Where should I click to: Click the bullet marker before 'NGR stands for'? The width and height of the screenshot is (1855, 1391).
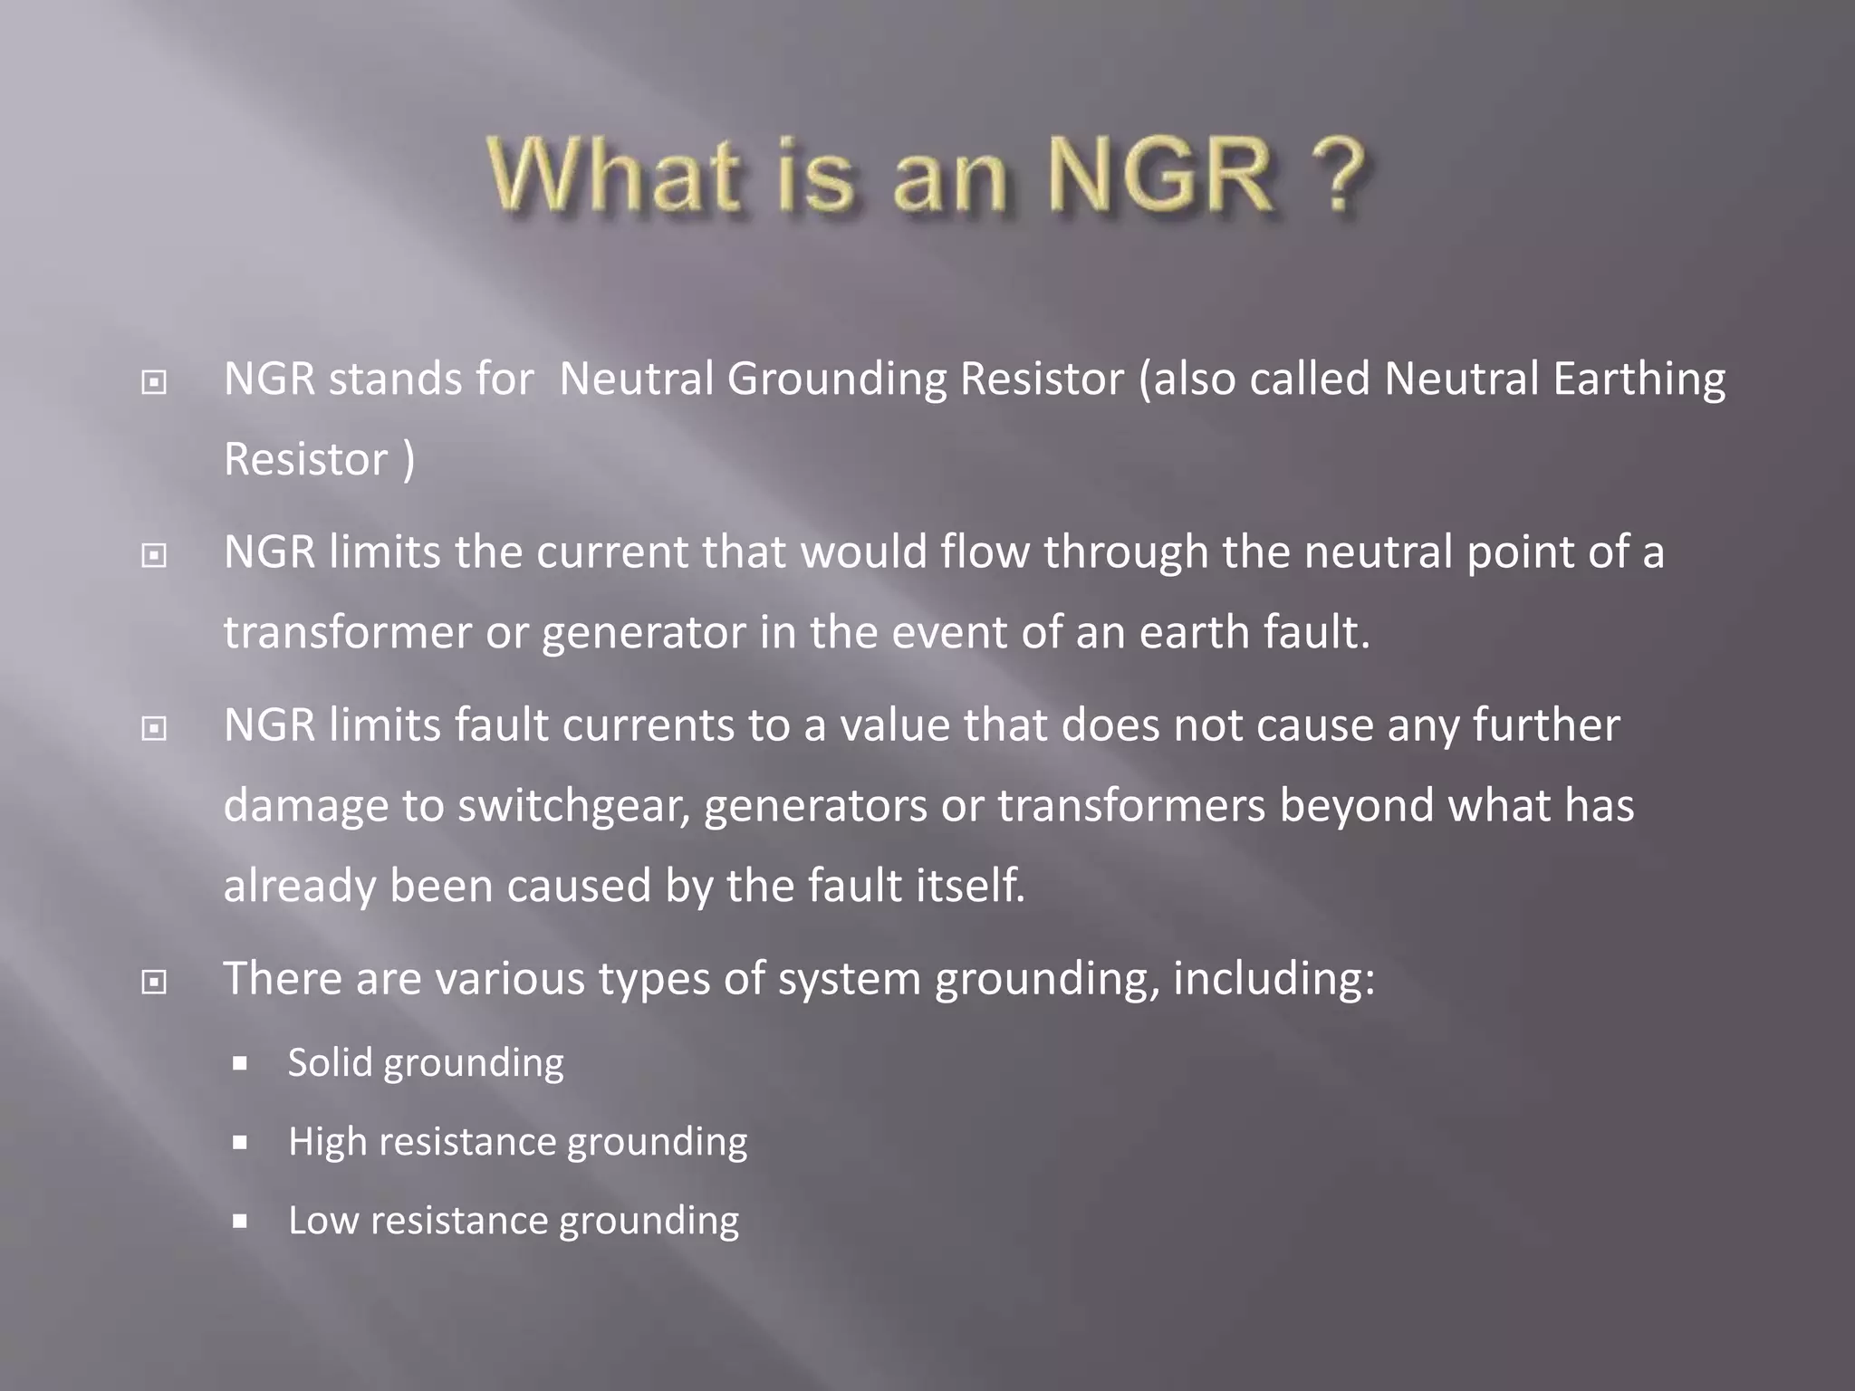click(154, 383)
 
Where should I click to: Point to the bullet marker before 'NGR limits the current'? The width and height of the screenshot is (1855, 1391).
click(154, 555)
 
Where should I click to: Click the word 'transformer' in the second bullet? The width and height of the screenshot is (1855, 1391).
click(347, 632)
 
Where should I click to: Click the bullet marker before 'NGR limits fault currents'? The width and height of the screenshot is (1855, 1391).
click(154, 728)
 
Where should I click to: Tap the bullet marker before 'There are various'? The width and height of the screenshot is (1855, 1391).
click(154, 982)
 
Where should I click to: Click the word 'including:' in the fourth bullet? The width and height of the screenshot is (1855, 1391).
click(1274, 980)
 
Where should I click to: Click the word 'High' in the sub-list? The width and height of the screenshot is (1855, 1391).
click(327, 1142)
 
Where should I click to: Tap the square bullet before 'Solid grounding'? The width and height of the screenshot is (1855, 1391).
click(240, 1063)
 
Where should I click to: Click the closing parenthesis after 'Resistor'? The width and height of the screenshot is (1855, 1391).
click(408, 460)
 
